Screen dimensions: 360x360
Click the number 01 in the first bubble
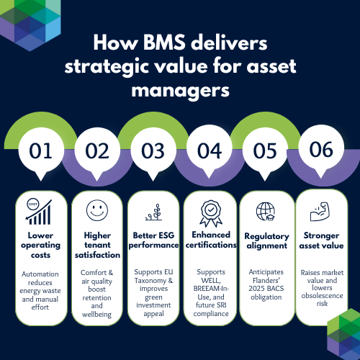[x=40, y=151]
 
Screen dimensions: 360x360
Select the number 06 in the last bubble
[x=321, y=149]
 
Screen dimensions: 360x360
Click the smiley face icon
[x=97, y=210]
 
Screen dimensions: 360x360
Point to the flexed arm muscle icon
[x=320, y=212]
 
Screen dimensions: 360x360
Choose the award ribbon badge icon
[x=211, y=214]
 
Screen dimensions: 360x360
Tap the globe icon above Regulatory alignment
[x=266, y=211]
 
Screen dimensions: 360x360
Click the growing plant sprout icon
[x=154, y=212]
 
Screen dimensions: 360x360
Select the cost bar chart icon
[x=39, y=212]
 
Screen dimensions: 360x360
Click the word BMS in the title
[x=164, y=42]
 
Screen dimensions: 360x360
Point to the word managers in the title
[x=180, y=91]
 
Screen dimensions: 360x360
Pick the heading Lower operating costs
[x=40, y=245]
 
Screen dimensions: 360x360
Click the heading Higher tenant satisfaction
[x=97, y=245]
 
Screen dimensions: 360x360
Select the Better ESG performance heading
[x=153, y=240]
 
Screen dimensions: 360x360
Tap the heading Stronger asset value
[x=321, y=240]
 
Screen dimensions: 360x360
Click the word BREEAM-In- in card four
[x=211, y=289]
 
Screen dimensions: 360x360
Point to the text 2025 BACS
[x=266, y=289]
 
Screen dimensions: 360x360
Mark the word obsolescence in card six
[x=322, y=296]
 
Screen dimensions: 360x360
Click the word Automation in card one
[x=40, y=274]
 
